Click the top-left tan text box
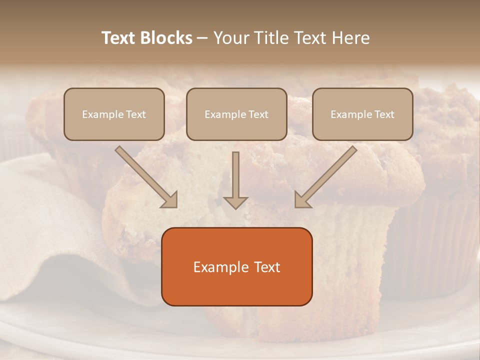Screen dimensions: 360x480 [114, 114]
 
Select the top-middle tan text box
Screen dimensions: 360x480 [236, 114]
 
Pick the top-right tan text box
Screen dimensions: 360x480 [362, 114]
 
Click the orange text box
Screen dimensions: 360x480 [237, 266]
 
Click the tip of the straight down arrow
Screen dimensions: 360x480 [235, 207]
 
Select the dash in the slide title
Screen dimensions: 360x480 [202, 38]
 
